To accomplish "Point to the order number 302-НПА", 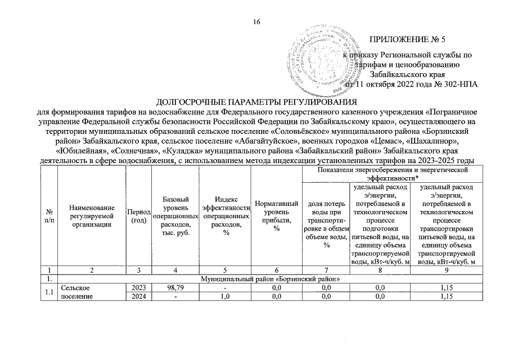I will (x=461, y=84).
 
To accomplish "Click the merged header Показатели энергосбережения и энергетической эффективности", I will (x=393, y=173).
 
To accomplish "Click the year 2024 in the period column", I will (x=138, y=297).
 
